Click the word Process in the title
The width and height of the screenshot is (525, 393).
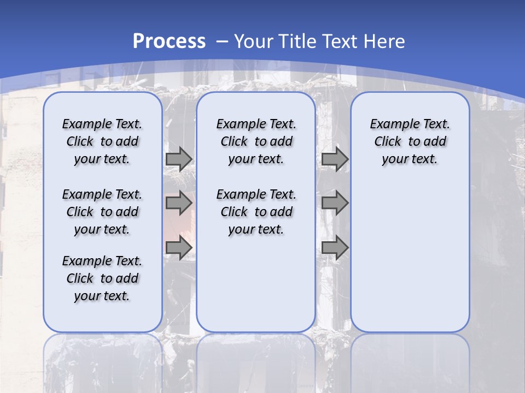click(169, 41)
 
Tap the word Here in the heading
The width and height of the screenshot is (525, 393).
click(385, 41)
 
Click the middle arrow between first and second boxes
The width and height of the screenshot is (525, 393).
click(179, 204)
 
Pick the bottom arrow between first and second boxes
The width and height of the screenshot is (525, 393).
click(179, 248)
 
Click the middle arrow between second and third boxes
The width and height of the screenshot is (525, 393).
click(335, 204)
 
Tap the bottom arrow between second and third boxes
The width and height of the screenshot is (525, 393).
click(335, 248)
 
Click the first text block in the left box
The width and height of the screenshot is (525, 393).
click(102, 141)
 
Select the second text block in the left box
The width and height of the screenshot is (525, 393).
click(102, 212)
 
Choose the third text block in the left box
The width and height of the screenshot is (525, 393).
click(102, 278)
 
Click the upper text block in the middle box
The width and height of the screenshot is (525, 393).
click(256, 141)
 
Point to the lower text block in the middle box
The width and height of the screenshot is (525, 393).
click(256, 212)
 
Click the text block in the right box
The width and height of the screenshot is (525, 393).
click(410, 141)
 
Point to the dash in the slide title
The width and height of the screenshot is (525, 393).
click(222, 42)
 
